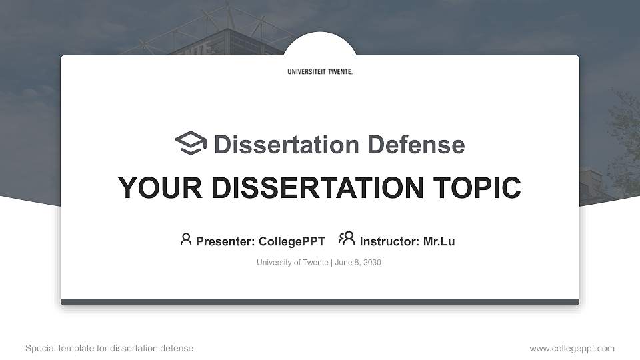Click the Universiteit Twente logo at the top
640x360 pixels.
point(320,72)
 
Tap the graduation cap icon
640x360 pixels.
point(191,143)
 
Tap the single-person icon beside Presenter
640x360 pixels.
point(186,239)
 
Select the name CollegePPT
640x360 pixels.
point(291,241)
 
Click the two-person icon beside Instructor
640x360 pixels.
point(347,239)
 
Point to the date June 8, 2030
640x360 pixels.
point(358,263)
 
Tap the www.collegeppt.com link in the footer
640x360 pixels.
point(572,349)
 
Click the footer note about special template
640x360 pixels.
point(109,349)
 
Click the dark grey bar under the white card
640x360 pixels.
point(320,302)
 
